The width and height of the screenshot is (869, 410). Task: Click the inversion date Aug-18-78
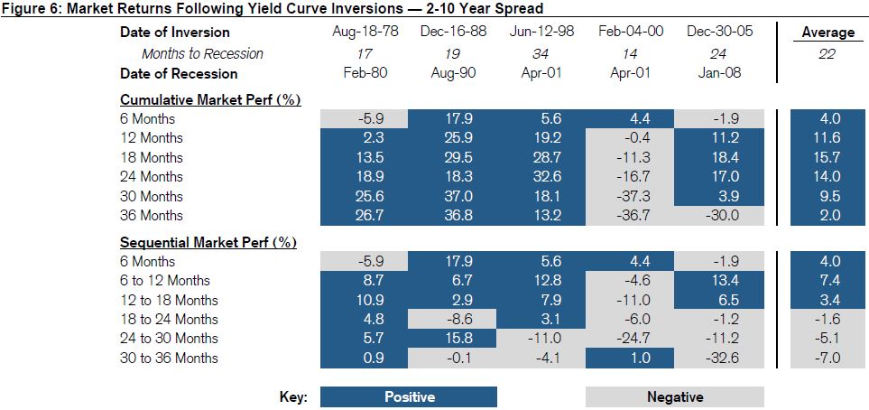(x=363, y=33)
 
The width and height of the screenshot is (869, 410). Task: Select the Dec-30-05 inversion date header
(x=719, y=33)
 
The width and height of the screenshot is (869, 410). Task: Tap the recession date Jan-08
(x=719, y=73)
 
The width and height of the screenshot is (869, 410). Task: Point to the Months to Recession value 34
(x=541, y=53)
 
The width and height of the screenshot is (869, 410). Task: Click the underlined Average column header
(x=827, y=33)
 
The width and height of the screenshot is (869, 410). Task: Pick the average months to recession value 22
(x=827, y=54)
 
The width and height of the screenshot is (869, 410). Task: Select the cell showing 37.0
(x=452, y=196)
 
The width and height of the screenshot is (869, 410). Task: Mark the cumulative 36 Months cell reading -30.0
(x=719, y=216)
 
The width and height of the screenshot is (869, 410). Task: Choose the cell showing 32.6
(x=541, y=177)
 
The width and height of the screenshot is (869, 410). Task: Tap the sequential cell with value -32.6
(x=719, y=359)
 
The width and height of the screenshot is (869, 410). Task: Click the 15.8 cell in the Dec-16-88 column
(x=452, y=339)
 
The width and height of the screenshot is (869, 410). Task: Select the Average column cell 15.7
(x=827, y=157)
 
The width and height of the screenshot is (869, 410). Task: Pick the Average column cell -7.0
(x=827, y=359)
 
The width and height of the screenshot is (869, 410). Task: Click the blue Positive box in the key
(x=408, y=397)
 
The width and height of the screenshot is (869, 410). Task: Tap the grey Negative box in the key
(x=674, y=397)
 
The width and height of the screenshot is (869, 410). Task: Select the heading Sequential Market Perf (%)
(x=208, y=242)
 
